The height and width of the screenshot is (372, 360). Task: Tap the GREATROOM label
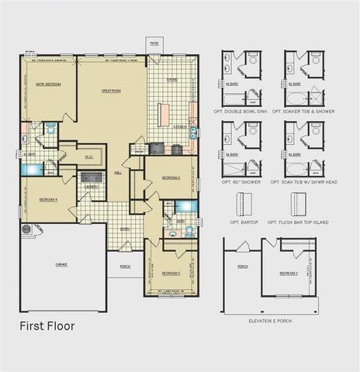pyautogui.click(x=111, y=91)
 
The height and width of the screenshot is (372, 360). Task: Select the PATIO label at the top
pyautogui.click(x=154, y=43)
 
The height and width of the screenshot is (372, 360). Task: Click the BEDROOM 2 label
pyautogui.click(x=171, y=177)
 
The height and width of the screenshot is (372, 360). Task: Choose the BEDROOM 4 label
pyautogui.click(x=47, y=200)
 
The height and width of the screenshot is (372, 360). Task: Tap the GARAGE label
pyautogui.click(x=61, y=264)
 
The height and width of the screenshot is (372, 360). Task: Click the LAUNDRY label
pyautogui.click(x=91, y=187)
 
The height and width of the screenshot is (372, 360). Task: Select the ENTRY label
pyautogui.click(x=124, y=228)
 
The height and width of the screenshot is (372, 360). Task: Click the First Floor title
pyautogui.click(x=47, y=326)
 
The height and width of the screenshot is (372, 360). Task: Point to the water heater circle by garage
pyautogui.click(x=27, y=229)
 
